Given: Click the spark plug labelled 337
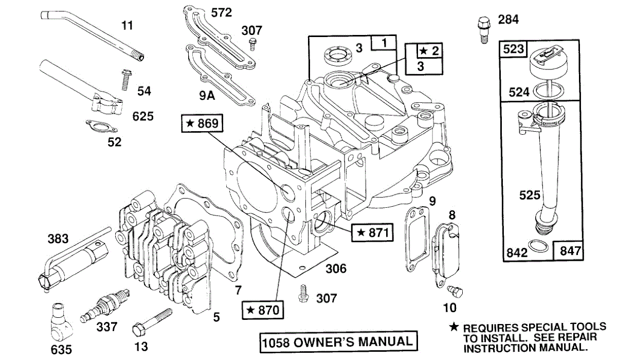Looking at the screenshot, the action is point(105,305).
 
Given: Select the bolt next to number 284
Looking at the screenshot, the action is point(484,29).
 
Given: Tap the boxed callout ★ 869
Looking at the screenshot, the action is point(202,123).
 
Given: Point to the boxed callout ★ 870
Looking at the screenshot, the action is point(263,310).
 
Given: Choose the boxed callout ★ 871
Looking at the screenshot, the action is point(372,232).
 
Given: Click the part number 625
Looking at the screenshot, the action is point(143,116).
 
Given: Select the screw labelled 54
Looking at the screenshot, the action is point(126,80).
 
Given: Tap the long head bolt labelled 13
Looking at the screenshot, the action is point(152,322).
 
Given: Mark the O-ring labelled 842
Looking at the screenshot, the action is point(538,246).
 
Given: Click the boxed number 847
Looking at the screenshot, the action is point(570,251).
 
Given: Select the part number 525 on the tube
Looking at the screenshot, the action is point(530,195).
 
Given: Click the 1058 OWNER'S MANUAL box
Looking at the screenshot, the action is point(338,342).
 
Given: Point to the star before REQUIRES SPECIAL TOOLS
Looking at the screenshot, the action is point(454,327).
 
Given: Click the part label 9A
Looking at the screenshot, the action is point(207,96).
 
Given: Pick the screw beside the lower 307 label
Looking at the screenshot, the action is point(303,294).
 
